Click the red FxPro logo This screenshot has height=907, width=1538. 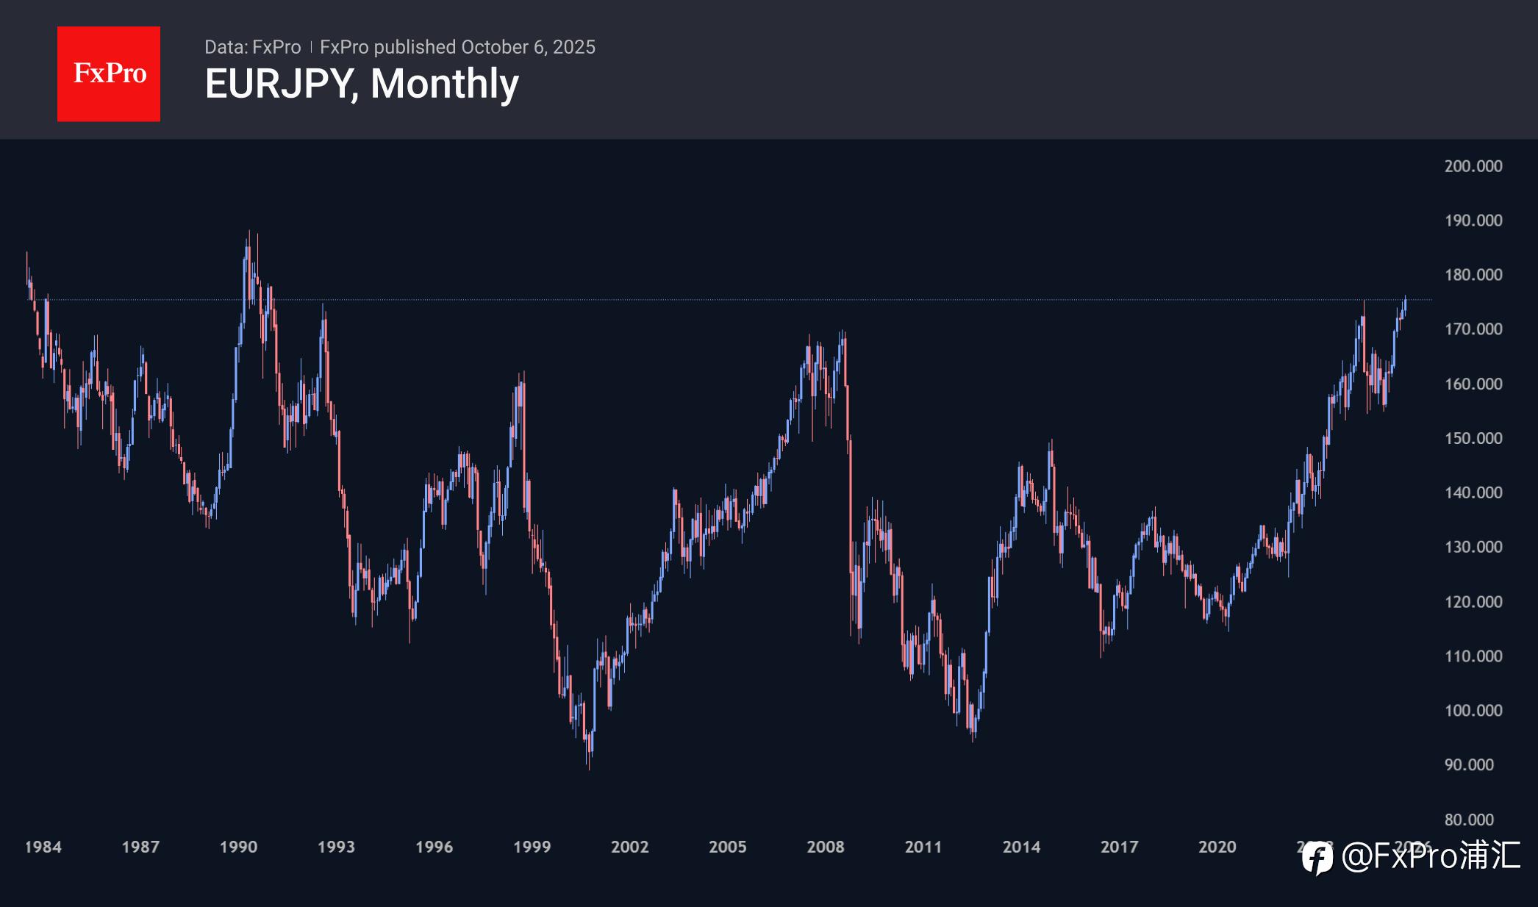coord(109,74)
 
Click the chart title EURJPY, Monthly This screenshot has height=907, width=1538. coord(362,84)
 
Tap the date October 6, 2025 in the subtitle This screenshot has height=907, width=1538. coord(528,47)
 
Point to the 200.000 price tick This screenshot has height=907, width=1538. coord(1473,166)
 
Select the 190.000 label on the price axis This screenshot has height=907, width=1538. coord(1473,221)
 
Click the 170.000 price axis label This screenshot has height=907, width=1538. coord(1473,329)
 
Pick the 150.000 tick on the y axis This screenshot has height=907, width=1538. coord(1473,438)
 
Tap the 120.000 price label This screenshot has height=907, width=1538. coord(1473,602)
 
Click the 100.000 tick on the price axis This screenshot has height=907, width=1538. coord(1473,711)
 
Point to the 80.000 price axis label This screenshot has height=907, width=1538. coord(1469,820)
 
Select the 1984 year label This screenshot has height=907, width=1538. coord(43,847)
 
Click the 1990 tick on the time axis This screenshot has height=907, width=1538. coord(238,847)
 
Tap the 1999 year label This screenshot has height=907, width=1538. coord(532,847)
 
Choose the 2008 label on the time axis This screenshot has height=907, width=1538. coord(825,847)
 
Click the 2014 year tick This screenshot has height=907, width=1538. coord(1021,847)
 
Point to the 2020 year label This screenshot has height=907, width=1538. coord(1217,847)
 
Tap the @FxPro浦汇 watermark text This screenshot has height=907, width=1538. coord(1431,856)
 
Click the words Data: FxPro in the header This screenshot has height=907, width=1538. coord(252,47)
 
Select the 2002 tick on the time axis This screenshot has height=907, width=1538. coord(629,847)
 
